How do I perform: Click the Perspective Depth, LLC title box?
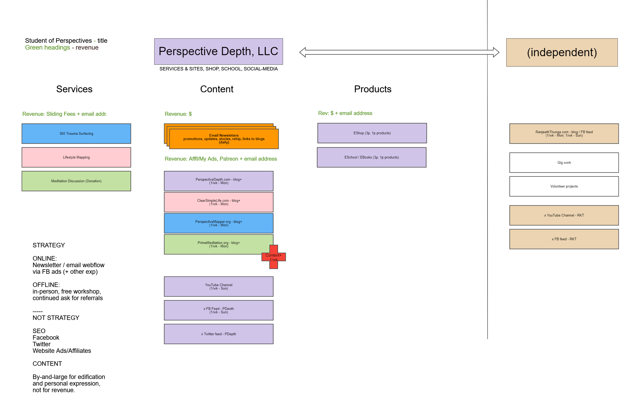pos(218,51)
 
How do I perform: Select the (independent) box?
pos(561,52)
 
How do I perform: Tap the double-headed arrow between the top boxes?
pos(399,52)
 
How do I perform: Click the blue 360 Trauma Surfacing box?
pos(76,133)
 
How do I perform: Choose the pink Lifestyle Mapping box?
pos(76,157)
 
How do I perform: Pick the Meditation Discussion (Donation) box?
pos(76,181)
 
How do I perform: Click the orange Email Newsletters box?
pos(224,139)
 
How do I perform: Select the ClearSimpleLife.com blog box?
pos(218,202)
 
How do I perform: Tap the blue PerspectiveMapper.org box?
pos(218,223)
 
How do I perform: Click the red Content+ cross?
pos(273,257)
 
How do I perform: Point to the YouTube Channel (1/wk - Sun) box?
pos(218,286)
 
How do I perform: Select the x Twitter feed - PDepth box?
pos(218,334)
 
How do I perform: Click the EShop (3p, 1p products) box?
pos(372,133)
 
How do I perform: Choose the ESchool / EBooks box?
pos(371,157)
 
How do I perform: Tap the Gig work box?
pos(563,162)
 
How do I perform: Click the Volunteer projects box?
pos(563,186)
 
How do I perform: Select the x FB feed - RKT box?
pos(563,239)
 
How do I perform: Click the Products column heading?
pos(372,89)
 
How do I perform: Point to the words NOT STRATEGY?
pos(56,318)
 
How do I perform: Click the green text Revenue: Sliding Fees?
pos(49,114)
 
